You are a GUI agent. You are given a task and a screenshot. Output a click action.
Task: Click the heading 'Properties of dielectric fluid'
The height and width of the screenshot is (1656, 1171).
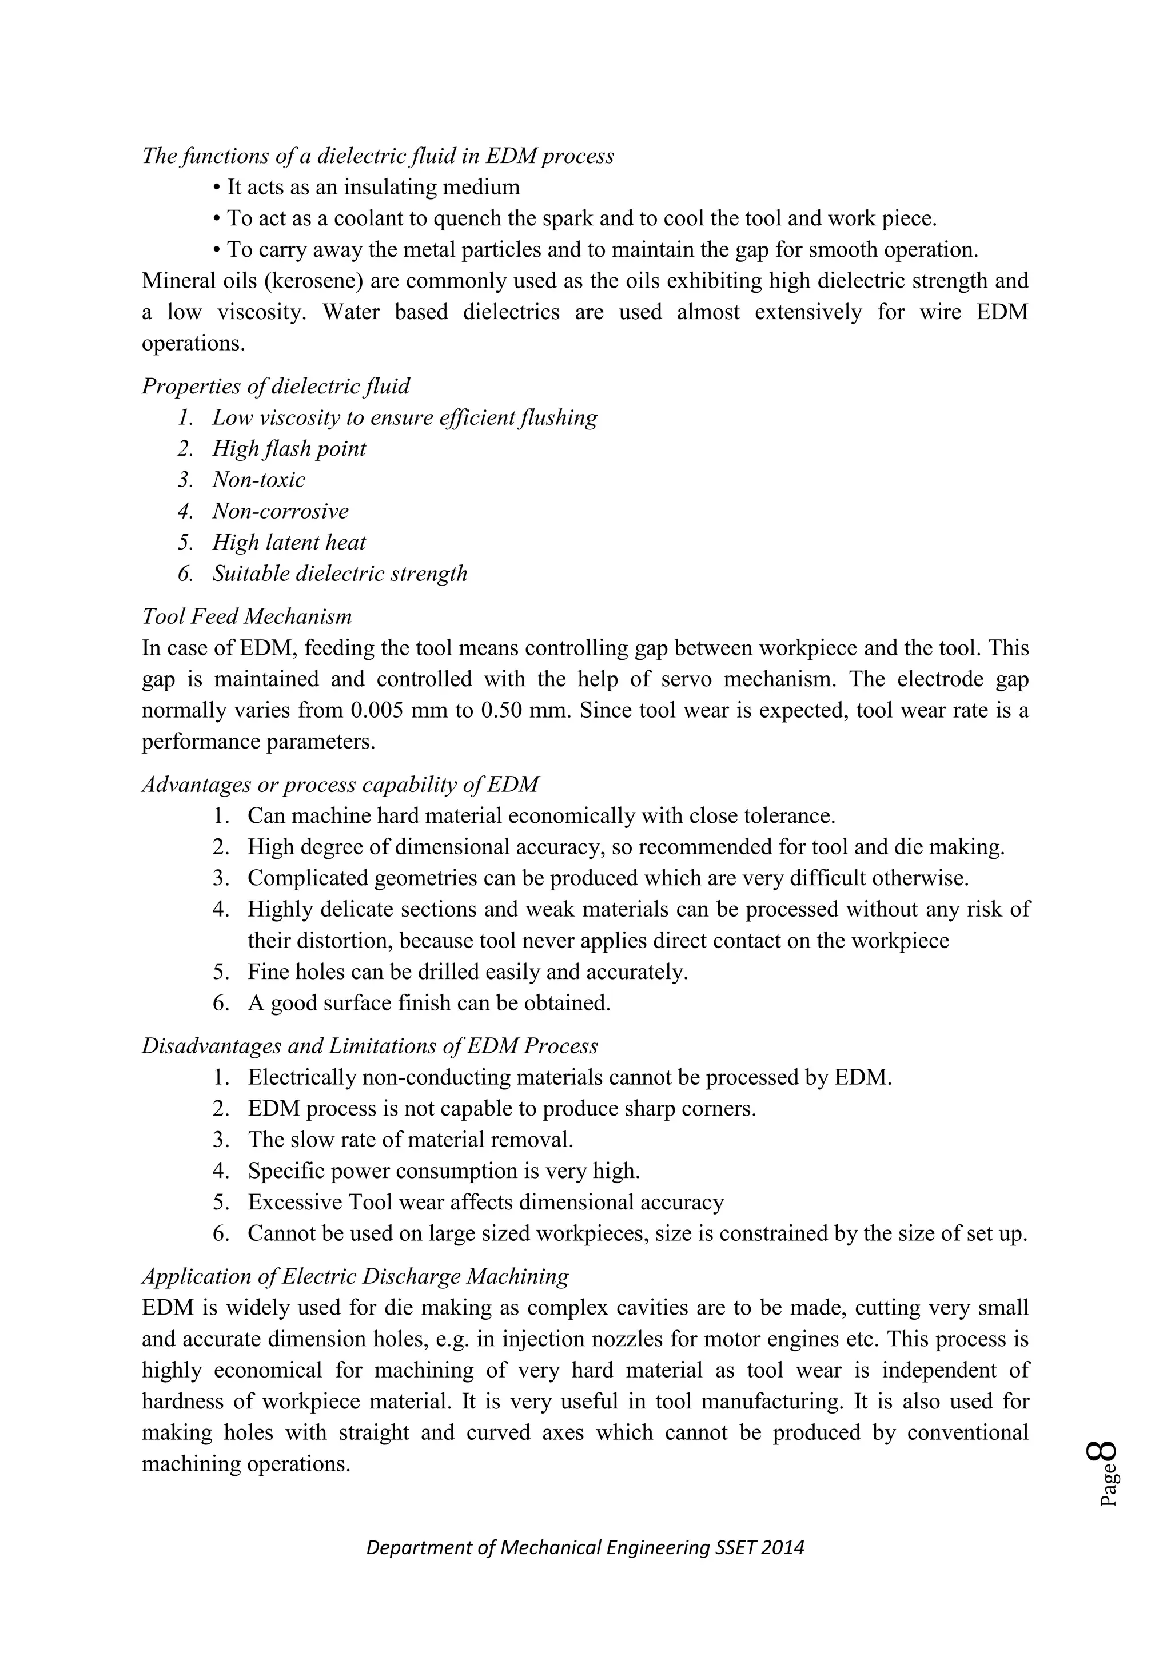tap(276, 387)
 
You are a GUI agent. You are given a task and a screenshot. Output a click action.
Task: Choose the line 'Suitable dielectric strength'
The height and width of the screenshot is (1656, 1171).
tap(339, 574)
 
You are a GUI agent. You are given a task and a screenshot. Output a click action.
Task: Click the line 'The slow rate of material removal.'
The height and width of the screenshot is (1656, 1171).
tap(411, 1140)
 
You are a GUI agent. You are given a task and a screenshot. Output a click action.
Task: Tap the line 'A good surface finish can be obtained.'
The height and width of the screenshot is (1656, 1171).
tap(429, 1004)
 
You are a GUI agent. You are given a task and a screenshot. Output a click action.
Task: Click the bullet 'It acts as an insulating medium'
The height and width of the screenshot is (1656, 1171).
tap(373, 188)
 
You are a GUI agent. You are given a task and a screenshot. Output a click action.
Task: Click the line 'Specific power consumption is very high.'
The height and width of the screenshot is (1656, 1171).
tap(444, 1171)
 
